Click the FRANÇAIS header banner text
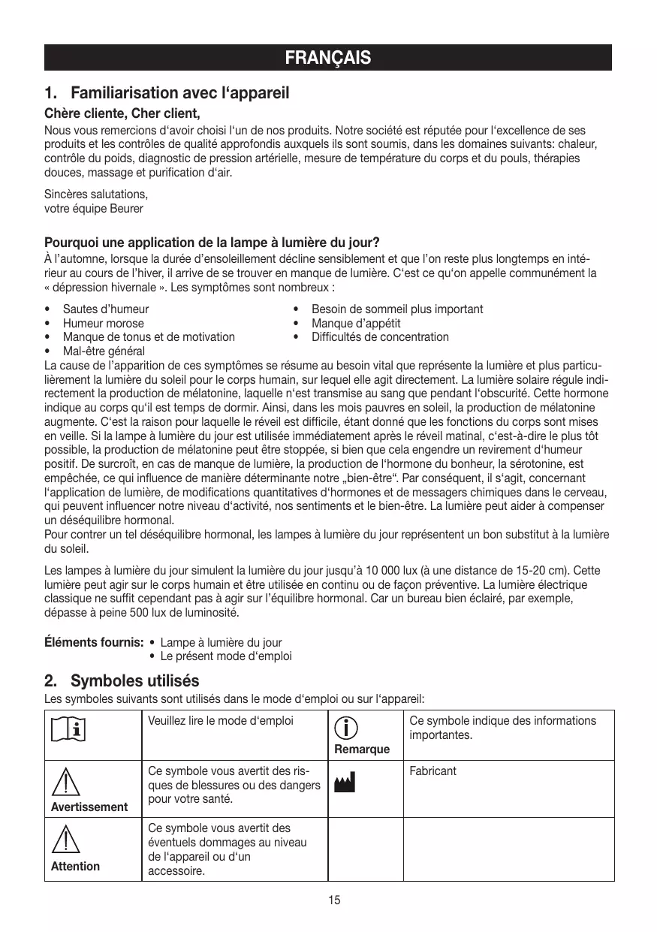pyautogui.click(x=328, y=58)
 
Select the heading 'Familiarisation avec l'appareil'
pyautogui.click(x=179, y=94)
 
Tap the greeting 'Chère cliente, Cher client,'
pyautogui.click(x=122, y=114)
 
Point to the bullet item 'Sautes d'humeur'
pyautogui.click(x=106, y=309)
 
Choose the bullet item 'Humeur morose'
pyautogui.click(x=104, y=324)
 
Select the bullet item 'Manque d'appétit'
pyautogui.click(x=356, y=324)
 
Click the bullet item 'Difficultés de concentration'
pyautogui.click(x=380, y=337)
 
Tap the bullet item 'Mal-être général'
pyautogui.click(x=104, y=351)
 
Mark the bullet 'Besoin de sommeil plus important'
pyautogui.click(x=397, y=309)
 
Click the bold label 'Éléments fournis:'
pyautogui.click(x=94, y=643)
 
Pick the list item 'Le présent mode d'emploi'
pyautogui.click(x=226, y=656)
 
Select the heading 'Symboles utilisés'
pyautogui.click(x=134, y=681)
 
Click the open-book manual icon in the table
pyautogui.click(x=68, y=728)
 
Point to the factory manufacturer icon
pyautogui.click(x=346, y=784)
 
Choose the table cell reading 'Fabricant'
pyautogui.click(x=433, y=771)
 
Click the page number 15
pyautogui.click(x=334, y=900)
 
